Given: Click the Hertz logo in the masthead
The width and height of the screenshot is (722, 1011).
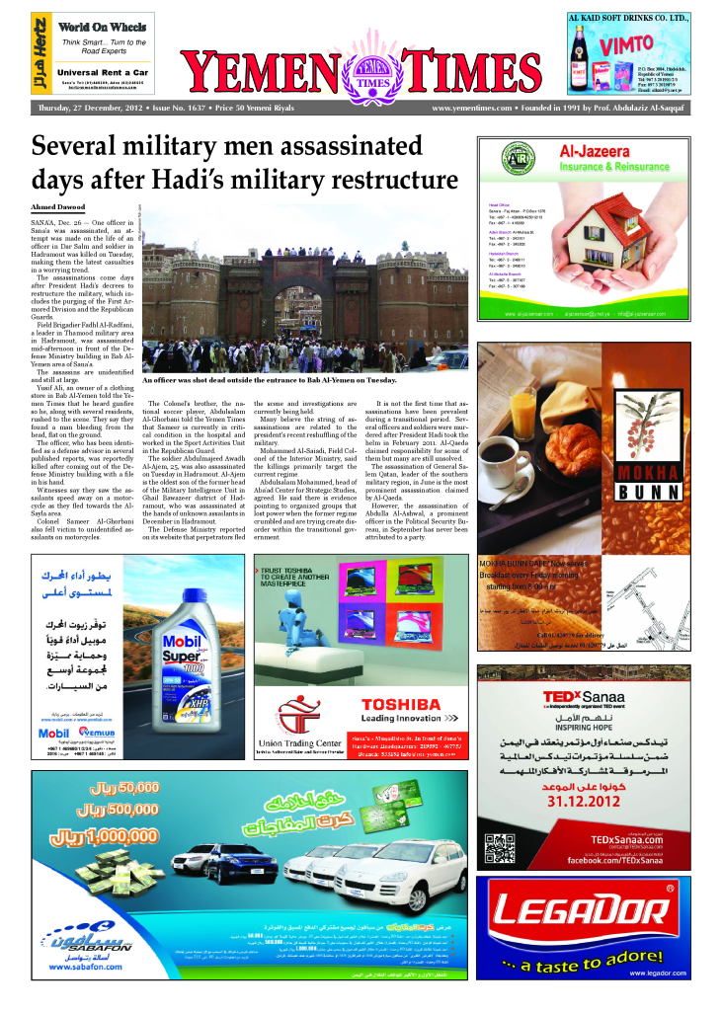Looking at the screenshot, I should click(x=39, y=54).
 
